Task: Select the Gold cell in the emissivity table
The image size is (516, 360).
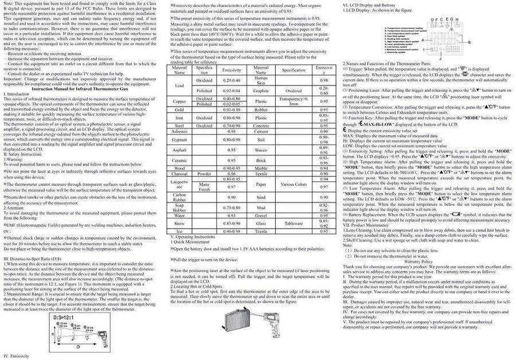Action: (x=179, y=109)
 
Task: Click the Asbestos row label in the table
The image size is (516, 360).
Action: (x=179, y=130)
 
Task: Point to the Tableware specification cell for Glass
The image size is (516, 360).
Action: (x=294, y=223)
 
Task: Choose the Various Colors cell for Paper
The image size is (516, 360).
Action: (x=294, y=186)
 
